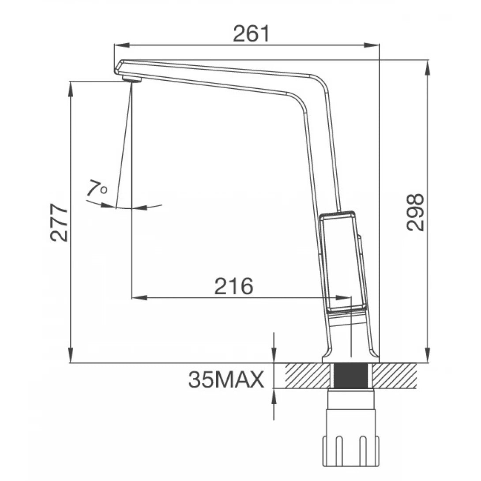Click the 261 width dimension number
point(251,34)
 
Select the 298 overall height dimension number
point(416,212)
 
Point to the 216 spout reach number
point(234,287)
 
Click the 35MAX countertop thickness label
point(226,380)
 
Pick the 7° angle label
point(97,189)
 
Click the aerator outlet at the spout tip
point(131,79)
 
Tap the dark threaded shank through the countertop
point(351,376)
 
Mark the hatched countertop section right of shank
point(395,376)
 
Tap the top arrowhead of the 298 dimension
point(427,65)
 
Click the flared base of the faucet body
point(351,355)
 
